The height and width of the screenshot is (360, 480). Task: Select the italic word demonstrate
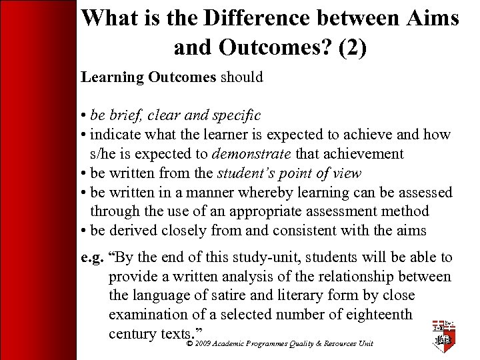point(251,154)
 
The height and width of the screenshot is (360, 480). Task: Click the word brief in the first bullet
point(130,115)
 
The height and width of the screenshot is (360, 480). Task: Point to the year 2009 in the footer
point(203,344)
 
